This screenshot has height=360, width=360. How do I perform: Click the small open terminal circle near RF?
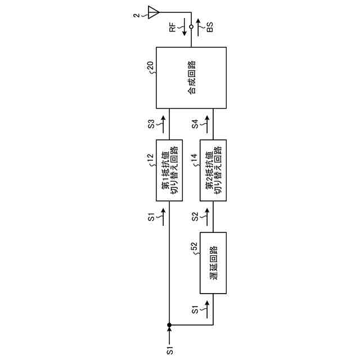(x=191, y=26)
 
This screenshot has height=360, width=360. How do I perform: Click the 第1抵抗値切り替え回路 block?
(x=169, y=170)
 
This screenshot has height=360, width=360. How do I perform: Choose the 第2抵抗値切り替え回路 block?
(x=213, y=170)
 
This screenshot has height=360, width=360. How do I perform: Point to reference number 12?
(x=150, y=161)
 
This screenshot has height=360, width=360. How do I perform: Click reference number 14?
(x=194, y=161)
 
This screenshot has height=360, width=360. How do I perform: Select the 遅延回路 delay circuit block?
(x=213, y=263)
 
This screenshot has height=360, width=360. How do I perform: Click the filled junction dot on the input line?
(x=169, y=325)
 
